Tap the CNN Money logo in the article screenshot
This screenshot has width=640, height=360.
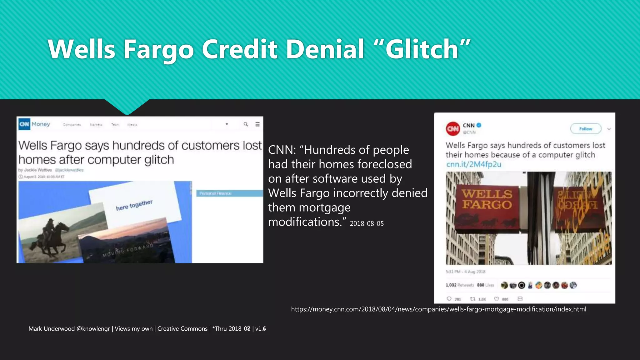[34, 124]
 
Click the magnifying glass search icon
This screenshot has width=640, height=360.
[246, 124]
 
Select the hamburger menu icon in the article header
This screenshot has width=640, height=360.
[257, 124]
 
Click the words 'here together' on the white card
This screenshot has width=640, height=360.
[134, 205]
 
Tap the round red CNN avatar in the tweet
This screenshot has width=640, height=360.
[453, 128]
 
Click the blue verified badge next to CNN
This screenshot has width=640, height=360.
[479, 125]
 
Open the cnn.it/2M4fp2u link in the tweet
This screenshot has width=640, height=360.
[473, 164]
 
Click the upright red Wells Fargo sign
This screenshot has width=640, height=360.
[487, 206]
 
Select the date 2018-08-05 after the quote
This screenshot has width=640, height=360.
[367, 224]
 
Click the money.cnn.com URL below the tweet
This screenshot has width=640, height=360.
[438, 309]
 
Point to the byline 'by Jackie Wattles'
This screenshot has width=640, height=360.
[35, 170]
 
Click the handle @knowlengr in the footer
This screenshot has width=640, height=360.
[93, 329]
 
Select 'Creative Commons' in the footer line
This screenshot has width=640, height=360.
[182, 329]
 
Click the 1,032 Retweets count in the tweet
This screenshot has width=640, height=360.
[460, 285]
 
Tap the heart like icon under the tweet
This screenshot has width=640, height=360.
[496, 299]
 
